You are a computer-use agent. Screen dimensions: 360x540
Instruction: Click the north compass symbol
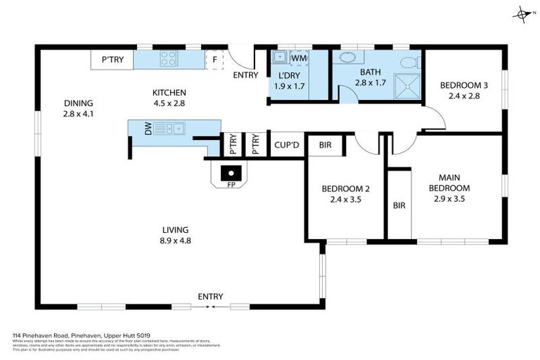point(521,13)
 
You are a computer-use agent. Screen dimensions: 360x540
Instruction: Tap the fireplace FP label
point(231,185)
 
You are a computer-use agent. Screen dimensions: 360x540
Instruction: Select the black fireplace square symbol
point(231,171)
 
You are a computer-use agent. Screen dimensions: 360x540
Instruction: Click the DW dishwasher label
point(148,128)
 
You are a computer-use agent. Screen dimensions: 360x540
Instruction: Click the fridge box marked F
point(215,60)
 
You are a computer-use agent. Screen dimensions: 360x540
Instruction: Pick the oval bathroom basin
point(348,58)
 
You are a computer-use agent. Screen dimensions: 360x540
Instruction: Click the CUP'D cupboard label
point(287,146)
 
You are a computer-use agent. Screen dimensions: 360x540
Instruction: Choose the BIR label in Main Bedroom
point(399,205)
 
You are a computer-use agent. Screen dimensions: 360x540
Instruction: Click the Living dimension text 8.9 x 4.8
point(176,240)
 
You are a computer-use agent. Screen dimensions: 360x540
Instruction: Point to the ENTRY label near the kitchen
point(245,75)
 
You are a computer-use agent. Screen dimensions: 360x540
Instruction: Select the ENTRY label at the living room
point(210,296)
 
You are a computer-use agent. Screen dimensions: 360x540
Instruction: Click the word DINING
point(78,103)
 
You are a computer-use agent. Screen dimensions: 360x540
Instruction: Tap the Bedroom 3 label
point(464,86)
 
